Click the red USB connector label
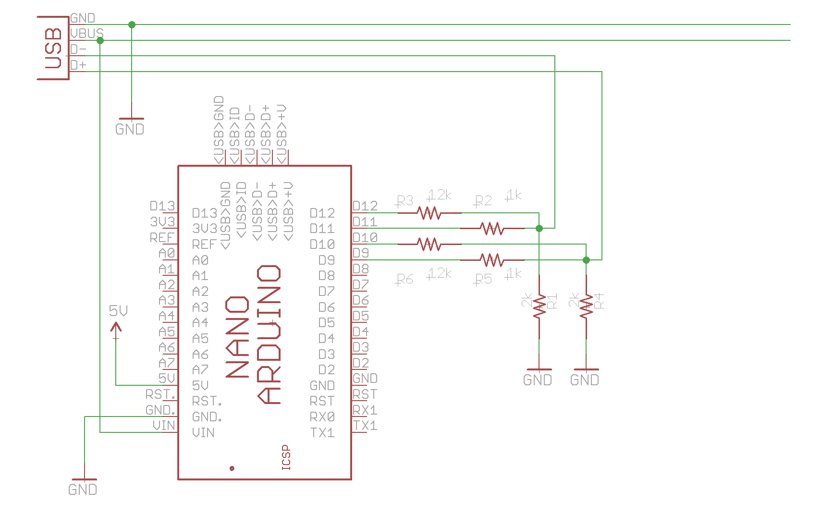pyautogui.click(x=53, y=48)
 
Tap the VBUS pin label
pyautogui.click(x=86, y=33)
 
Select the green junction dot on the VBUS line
pyautogui.click(x=100, y=41)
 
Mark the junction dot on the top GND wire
pyautogui.click(x=132, y=25)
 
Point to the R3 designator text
pyautogui.click(x=405, y=200)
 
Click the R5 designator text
pyautogui.click(x=484, y=279)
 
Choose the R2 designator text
pyautogui.click(x=484, y=200)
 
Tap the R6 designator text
pyautogui.click(x=405, y=279)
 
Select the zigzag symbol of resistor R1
pyautogui.click(x=539, y=307)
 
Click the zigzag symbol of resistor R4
pyautogui.click(x=586, y=307)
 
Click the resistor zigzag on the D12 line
pyautogui.click(x=429, y=212)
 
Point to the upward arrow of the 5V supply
pyautogui.click(x=116, y=328)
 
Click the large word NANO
pyautogui.click(x=237, y=337)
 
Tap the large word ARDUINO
pyautogui.click(x=269, y=334)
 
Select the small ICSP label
pyautogui.click(x=286, y=457)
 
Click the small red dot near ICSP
pyautogui.click(x=232, y=468)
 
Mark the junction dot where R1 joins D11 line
pyautogui.click(x=539, y=228)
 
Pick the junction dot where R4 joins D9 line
pyautogui.click(x=586, y=260)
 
